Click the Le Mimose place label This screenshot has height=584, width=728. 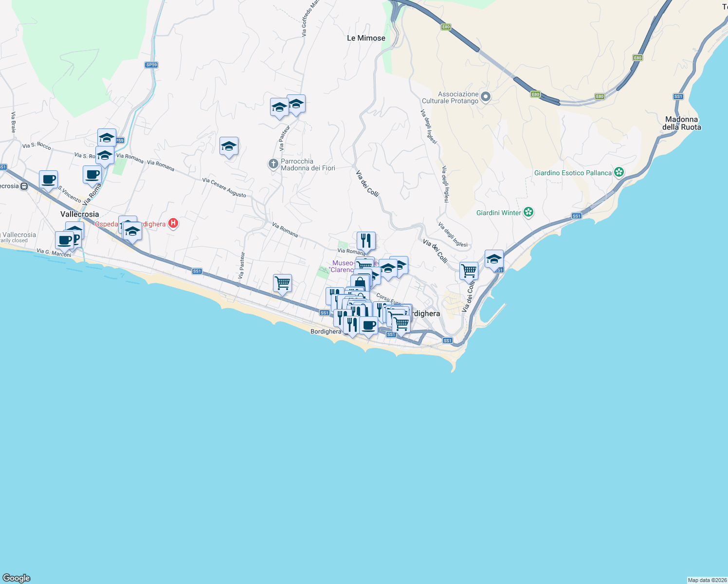click(x=366, y=38)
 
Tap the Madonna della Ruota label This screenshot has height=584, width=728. click(x=681, y=123)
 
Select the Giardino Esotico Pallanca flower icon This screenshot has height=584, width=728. click(x=619, y=172)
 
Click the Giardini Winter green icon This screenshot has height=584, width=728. click(x=529, y=212)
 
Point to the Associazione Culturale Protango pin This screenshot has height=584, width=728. click(x=485, y=97)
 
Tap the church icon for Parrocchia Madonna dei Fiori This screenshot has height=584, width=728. click(x=273, y=164)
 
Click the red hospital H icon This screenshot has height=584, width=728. click(x=173, y=223)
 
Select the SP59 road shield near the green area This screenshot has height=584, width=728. click(x=151, y=65)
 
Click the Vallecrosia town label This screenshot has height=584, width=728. click(x=79, y=214)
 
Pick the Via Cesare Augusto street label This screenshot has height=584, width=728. click(x=224, y=187)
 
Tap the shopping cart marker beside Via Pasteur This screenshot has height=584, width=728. click(x=282, y=283)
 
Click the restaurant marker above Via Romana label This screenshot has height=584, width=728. click(x=366, y=240)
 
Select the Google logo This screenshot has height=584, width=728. click(x=17, y=578)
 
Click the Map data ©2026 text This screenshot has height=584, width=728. click(x=707, y=580)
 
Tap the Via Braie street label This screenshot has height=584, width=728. click(x=14, y=122)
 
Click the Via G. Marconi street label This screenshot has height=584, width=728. click(x=54, y=253)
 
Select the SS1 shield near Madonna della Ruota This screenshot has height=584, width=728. click(x=678, y=96)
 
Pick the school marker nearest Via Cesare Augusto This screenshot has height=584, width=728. click(x=229, y=146)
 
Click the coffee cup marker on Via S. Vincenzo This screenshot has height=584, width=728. click(x=48, y=180)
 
